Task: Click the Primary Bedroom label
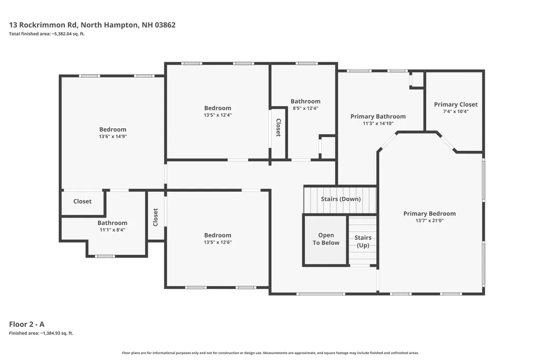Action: click(x=430, y=213)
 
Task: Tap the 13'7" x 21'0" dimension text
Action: click(x=430, y=221)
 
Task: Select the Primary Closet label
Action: click(x=456, y=105)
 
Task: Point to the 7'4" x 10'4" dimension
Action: click(x=456, y=111)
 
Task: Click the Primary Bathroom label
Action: click(x=378, y=117)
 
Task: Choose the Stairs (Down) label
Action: click(x=341, y=199)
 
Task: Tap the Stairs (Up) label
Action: click(x=363, y=241)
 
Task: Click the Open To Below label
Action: click(x=326, y=239)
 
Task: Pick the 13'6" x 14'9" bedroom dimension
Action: click(x=113, y=137)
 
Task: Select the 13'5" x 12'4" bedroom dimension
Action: click(x=218, y=115)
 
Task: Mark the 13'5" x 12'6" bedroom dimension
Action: click(x=218, y=242)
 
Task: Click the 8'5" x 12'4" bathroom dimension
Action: click(x=305, y=108)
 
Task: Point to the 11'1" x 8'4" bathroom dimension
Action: click(x=113, y=230)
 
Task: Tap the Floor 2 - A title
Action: click(x=26, y=324)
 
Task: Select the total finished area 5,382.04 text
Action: click(x=47, y=34)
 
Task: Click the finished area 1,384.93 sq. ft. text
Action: click(x=41, y=333)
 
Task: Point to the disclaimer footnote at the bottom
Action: click(x=270, y=353)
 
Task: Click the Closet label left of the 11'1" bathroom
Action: click(x=82, y=202)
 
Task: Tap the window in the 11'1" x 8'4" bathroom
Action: click(x=105, y=256)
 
